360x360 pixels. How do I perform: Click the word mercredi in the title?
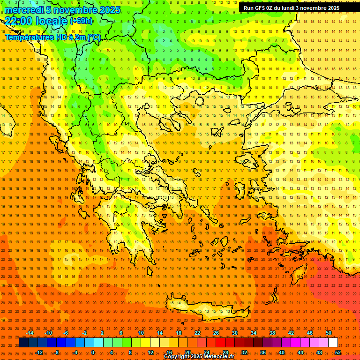24,10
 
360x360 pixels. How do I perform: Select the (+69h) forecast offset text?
81,21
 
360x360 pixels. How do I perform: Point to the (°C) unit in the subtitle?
94,37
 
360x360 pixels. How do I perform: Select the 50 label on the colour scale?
328,333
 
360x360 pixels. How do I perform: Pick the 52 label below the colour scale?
338,352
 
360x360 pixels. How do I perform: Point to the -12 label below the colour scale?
39,352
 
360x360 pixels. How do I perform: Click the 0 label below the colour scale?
93,352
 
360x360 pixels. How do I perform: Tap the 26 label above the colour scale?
216,333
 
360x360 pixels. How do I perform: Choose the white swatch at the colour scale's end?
333,343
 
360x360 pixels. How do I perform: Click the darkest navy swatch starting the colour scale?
23,343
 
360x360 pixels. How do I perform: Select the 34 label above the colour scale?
254,333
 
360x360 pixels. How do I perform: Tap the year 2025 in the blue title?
109,10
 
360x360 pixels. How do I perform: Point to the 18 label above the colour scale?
179,333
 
